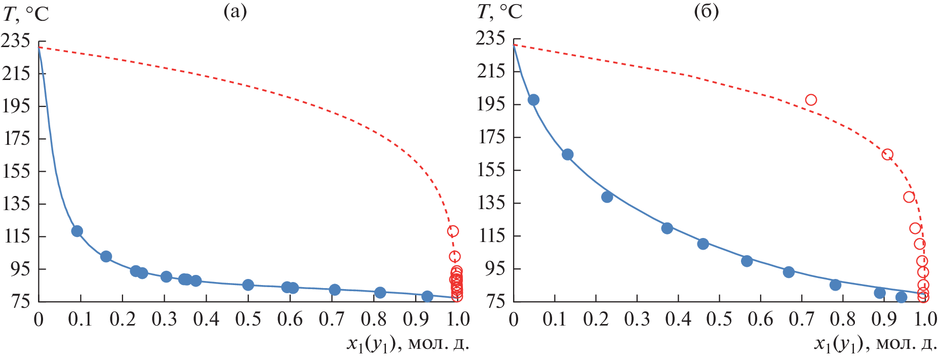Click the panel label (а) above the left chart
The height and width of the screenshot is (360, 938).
[x=235, y=12]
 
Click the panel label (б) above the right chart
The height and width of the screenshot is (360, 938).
[x=706, y=12]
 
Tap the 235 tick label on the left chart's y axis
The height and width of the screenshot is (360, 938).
[x=16, y=41]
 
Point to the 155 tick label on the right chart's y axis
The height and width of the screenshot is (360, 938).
[x=491, y=170]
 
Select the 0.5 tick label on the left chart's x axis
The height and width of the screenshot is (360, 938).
[x=248, y=319]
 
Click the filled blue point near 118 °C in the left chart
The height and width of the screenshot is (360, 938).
[x=77, y=231]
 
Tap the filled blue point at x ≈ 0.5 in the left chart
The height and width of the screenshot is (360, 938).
[x=248, y=285]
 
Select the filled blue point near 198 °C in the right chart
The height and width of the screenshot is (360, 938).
[x=533, y=100]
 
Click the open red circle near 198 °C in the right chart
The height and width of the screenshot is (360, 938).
[x=811, y=100]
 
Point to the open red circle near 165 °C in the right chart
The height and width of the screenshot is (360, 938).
[x=887, y=154]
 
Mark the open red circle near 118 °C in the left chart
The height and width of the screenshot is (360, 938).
[x=453, y=231]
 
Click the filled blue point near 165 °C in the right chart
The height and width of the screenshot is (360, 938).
[x=568, y=154]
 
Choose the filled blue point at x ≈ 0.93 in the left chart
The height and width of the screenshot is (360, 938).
[x=427, y=296]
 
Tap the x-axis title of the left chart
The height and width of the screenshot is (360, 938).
[x=408, y=344]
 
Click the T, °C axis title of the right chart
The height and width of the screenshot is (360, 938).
[x=499, y=12]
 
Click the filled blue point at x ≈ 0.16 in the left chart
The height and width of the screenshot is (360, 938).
[x=106, y=257]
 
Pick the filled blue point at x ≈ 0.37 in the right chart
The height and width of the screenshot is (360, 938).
[x=667, y=228]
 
